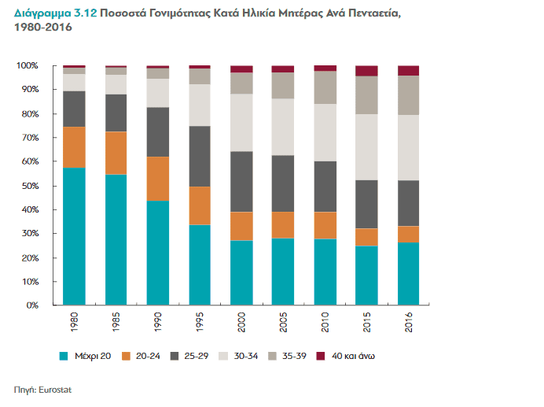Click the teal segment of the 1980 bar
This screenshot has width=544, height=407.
[x=74, y=236]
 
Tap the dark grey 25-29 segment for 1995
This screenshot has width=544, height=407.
[x=200, y=156]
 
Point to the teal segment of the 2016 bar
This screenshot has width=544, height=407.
[x=408, y=273]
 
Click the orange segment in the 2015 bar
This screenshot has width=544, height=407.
[x=366, y=237]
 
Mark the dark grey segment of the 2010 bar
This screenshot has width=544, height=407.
[x=325, y=187]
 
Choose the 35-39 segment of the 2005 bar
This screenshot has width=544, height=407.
[x=283, y=85]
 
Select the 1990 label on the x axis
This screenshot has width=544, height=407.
[x=158, y=323]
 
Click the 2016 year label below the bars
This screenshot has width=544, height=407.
[x=409, y=323]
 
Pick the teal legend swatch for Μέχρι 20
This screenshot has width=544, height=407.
[x=65, y=357]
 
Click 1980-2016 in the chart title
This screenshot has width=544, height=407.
[x=39, y=28]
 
